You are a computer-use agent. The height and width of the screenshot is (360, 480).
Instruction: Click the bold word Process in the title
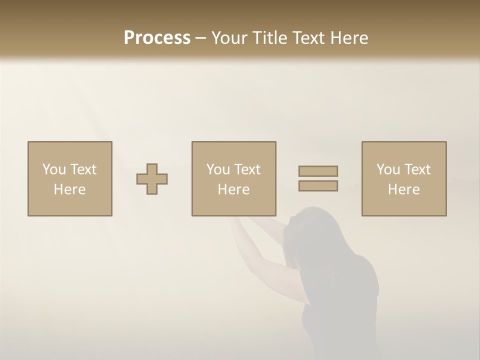157,38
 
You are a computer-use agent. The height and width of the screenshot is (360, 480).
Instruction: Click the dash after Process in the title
200,38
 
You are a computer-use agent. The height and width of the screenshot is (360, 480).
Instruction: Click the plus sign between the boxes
152,179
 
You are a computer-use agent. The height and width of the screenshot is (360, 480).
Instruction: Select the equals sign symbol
318,178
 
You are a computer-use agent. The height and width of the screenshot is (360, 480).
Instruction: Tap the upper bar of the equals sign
318,171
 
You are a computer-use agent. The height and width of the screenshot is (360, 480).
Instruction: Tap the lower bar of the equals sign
318,186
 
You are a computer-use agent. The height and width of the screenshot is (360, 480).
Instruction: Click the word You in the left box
53,169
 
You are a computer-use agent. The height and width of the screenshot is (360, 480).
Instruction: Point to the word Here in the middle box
233,189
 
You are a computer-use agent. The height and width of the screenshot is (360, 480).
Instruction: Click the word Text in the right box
417,169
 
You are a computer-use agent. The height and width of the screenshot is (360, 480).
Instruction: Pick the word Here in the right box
403,189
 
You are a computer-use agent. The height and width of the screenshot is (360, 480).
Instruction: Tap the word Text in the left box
83,169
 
